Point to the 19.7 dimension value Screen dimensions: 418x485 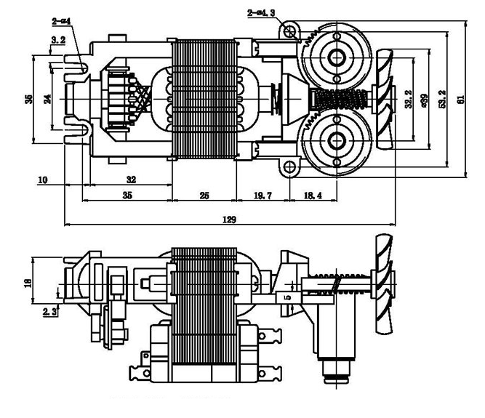262,196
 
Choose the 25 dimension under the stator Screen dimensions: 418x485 204,196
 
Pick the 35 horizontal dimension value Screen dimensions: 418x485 127,196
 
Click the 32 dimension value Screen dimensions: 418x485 132,178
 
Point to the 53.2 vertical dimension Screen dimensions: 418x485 442,100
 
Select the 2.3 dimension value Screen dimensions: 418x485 50,311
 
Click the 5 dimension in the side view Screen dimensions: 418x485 287,297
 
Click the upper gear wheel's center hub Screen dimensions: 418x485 337,57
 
